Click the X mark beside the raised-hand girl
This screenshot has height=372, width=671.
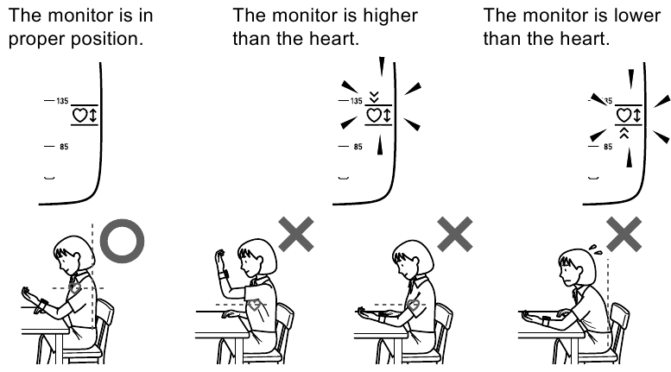click(296, 234)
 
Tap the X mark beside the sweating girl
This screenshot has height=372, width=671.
click(624, 234)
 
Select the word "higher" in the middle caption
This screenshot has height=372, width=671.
click(390, 16)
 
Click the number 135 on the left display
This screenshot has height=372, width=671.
click(62, 101)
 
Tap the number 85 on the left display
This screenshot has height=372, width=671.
click(64, 147)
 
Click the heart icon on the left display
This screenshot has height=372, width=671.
click(79, 115)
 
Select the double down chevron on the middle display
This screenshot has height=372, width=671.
click(375, 97)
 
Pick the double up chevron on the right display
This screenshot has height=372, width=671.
click(624, 133)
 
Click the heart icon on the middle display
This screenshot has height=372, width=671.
click(374, 115)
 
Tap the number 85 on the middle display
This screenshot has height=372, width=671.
click(358, 147)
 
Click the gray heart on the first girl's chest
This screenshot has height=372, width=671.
click(75, 287)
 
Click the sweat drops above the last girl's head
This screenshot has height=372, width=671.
click(595, 249)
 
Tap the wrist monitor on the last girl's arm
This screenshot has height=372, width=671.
click(546, 321)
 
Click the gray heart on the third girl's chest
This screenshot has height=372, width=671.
click(413, 306)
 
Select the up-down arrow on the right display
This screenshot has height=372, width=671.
click(636, 115)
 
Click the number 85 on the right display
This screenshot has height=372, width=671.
click(608, 147)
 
